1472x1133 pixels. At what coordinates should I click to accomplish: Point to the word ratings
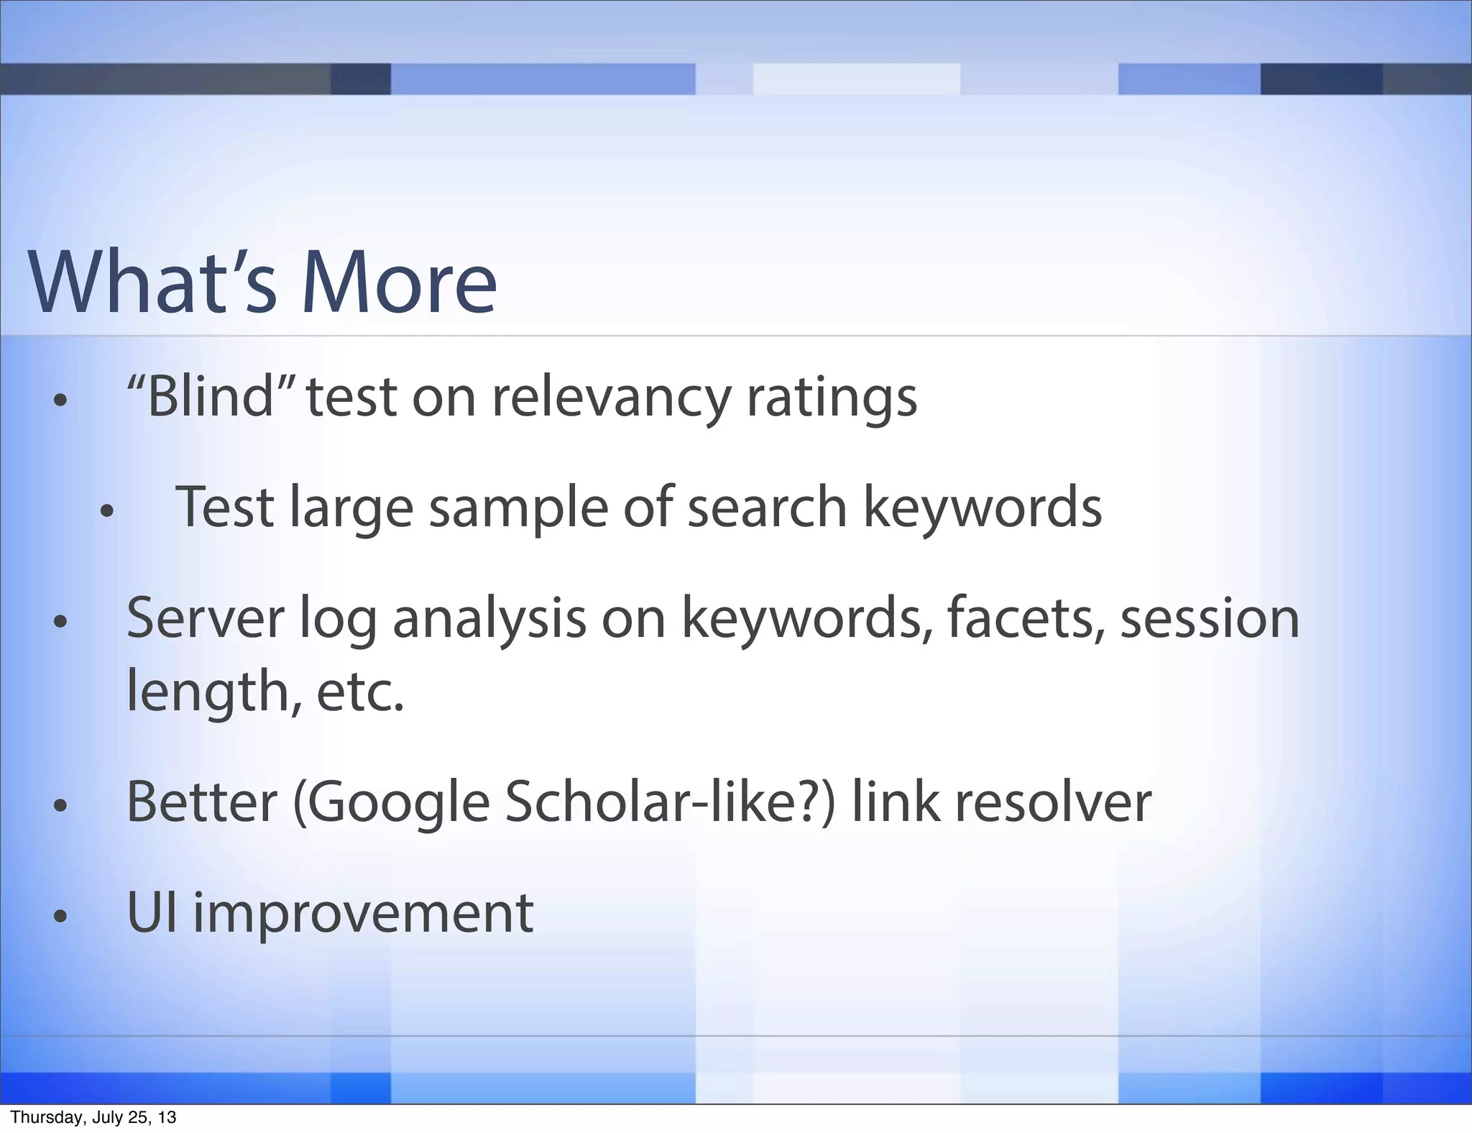(832, 398)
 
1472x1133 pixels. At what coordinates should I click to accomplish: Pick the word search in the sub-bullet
(768, 507)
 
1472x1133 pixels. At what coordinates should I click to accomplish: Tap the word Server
(206, 618)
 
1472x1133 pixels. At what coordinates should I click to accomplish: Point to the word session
(1210, 618)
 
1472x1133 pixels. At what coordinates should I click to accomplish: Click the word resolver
(1053, 802)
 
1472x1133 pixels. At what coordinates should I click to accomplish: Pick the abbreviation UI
(151, 912)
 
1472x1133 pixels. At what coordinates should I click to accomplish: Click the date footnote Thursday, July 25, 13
(93, 1117)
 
